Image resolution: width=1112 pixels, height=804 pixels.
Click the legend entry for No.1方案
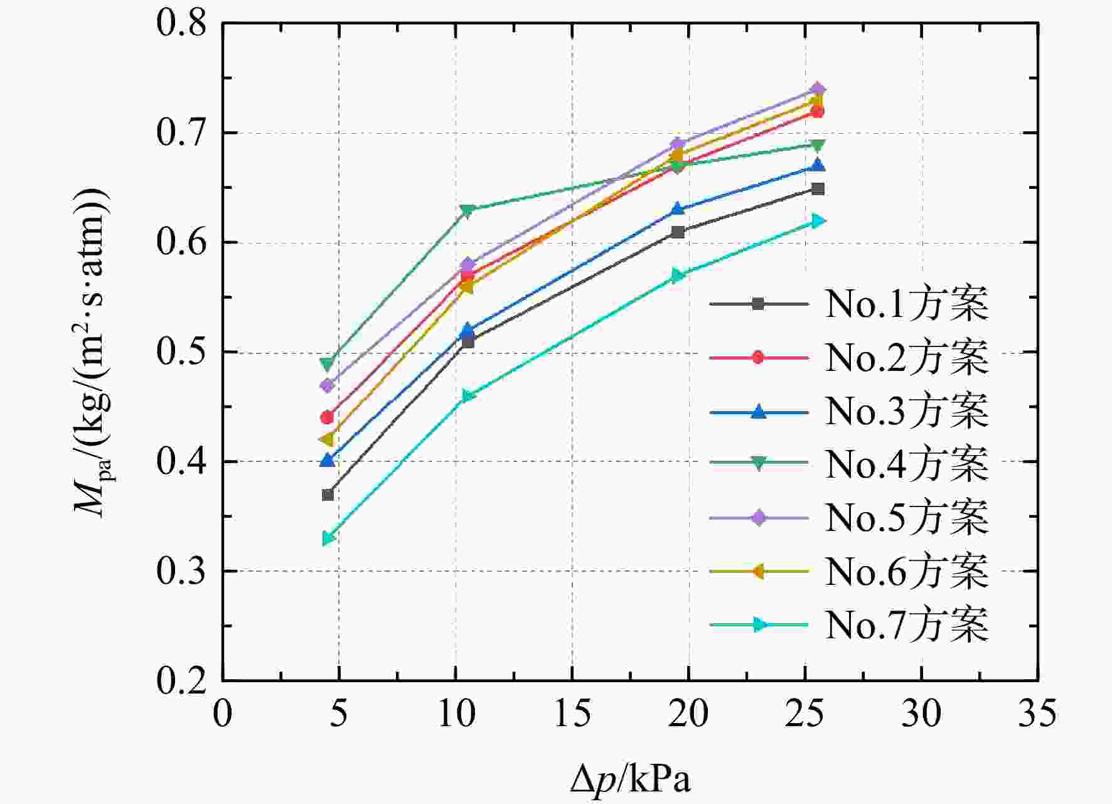coord(848,304)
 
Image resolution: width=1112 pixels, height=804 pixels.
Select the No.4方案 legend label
coord(848,464)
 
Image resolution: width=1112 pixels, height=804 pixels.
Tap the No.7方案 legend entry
coord(848,624)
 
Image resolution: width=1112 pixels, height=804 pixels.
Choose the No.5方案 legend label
coord(848,518)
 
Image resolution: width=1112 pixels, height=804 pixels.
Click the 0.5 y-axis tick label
coord(181,352)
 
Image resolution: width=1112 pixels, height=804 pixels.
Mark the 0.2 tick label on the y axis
coord(181,681)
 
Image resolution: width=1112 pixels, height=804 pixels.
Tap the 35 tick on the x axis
coord(1037,714)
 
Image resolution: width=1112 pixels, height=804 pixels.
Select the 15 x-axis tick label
coord(572,714)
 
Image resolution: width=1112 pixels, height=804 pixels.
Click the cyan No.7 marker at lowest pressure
coord(328,539)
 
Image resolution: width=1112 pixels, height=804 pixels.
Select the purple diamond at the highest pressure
coord(818,89)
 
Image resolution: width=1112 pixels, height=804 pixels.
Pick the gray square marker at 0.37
coord(328,495)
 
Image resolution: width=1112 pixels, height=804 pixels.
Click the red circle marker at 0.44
coord(327,417)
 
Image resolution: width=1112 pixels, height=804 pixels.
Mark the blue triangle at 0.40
coord(327,460)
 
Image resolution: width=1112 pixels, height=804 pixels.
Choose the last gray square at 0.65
coord(818,189)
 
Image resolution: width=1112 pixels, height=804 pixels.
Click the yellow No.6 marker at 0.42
coord(326,439)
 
